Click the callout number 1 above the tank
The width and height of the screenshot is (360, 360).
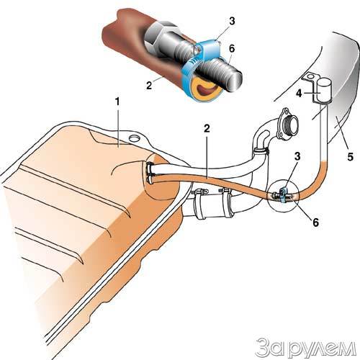point(117,102)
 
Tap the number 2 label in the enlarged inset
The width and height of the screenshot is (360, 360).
point(149,85)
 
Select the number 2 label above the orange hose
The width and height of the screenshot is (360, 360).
point(207,129)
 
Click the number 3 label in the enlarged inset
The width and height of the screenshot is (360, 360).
point(231,21)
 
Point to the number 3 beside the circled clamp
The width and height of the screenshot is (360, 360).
point(297,156)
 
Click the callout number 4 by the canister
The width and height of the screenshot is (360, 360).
point(299,94)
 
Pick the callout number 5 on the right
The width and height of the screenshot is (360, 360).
point(350,157)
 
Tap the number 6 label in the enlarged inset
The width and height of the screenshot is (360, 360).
point(231,49)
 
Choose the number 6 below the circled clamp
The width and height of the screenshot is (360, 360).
point(315,222)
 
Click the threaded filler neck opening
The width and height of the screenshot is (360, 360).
point(290,125)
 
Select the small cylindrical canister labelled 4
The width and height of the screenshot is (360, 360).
point(323,90)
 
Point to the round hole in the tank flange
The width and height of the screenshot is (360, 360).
point(135,138)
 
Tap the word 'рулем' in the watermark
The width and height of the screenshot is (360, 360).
point(323,348)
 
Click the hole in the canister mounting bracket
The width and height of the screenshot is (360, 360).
point(310,77)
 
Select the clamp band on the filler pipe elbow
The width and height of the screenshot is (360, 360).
point(260,151)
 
